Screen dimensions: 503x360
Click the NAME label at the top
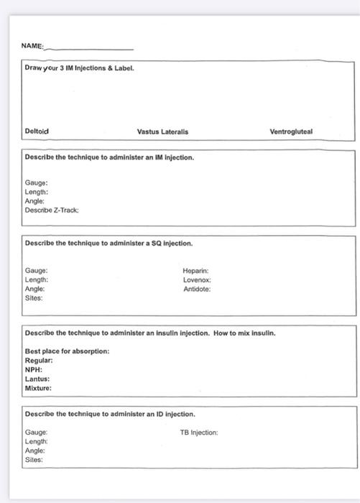point(32,46)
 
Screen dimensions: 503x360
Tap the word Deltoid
point(37,131)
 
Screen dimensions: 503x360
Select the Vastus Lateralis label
point(162,131)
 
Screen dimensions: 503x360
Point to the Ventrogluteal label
point(291,131)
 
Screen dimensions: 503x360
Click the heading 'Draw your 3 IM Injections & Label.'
point(79,68)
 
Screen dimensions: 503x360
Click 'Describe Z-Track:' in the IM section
point(52,211)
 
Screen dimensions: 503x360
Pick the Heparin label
point(195,271)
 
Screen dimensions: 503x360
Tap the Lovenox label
point(196,280)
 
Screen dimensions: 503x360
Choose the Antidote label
point(197,289)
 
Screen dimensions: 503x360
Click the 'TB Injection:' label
point(198,433)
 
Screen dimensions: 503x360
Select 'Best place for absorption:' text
point(68,351)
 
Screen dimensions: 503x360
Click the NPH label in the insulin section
point(34,369)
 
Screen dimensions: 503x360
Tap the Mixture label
point(39,388)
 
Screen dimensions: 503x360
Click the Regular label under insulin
point(39,360)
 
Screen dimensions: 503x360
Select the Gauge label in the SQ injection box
point(36,271)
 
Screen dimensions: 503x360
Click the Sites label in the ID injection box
point(34,459)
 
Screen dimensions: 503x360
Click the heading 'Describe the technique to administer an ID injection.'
point(110,415)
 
